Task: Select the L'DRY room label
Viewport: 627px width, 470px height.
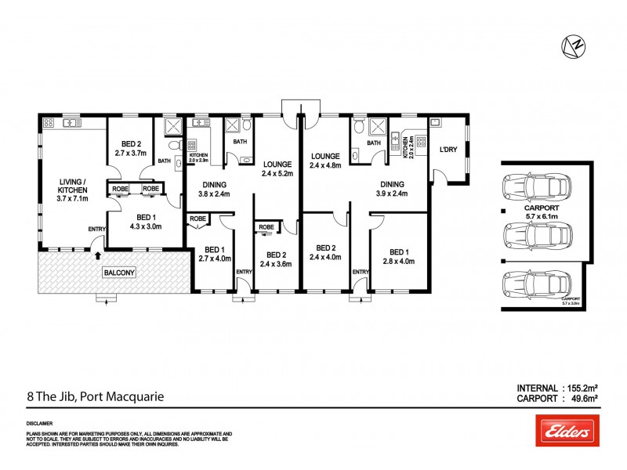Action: [x=448, y=150]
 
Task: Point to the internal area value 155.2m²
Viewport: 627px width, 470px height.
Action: [x=581, y=388]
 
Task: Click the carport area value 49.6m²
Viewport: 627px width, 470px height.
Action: [x=581, y=399]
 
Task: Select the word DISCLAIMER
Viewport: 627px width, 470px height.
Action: [x=41, y=421]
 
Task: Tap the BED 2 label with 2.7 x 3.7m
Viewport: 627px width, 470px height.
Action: [x=130, y=149]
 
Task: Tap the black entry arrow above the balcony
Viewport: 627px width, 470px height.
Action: [x=97, y=255]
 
